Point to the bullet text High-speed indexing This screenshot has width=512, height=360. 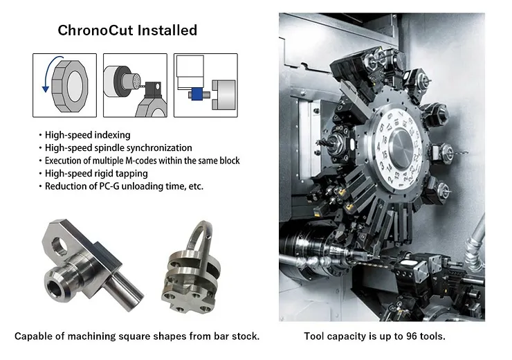tap(87, 134)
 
